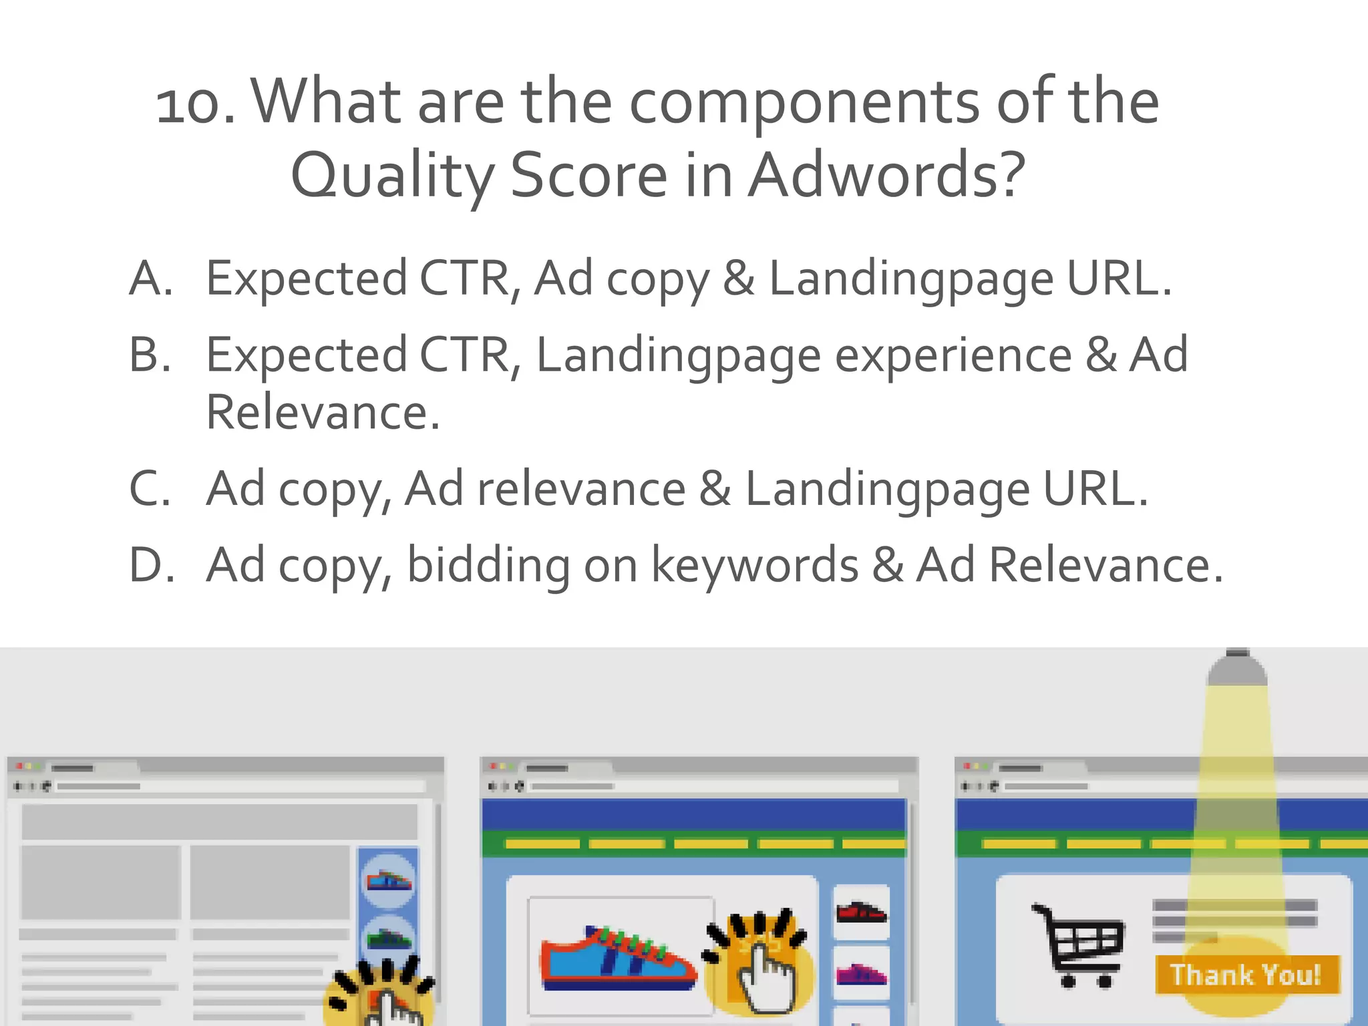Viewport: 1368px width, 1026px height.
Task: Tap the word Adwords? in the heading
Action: tap(886, 176)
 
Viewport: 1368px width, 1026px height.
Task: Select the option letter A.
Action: tap(151, 279)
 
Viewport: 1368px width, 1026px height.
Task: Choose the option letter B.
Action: tap(151, 355)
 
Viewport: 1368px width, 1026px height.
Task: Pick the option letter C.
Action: tap(151, 489)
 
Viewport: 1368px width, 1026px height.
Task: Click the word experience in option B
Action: tap(953, 356)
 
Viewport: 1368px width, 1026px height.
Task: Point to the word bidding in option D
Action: tap(488, 565)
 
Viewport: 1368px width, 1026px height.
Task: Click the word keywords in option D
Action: tap(755, 565)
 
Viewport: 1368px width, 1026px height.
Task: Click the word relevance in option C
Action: tap(581, 489)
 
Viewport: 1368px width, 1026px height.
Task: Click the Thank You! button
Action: tap(1246, 975)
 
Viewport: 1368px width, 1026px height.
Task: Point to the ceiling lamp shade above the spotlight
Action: tap(1237, 668)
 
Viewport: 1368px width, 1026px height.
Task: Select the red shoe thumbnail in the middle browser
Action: tap(862, 912)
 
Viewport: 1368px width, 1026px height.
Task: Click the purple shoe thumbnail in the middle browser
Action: tap(862, 974)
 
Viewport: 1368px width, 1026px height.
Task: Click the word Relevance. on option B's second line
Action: tap(323, 413)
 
